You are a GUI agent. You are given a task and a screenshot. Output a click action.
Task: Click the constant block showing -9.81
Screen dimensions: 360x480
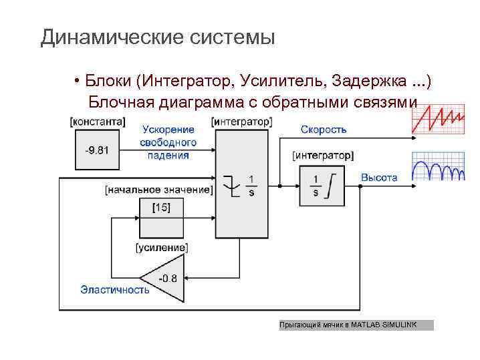tap(98, 150)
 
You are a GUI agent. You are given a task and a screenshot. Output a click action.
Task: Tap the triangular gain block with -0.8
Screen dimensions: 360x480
tap(162, 277)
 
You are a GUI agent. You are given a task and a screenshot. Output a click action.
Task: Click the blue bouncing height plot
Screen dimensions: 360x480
tap(438, 167)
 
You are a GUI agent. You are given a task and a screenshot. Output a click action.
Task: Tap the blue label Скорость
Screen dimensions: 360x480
tap(324, 130)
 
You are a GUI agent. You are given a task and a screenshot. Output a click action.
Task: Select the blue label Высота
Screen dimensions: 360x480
tap(379, 178)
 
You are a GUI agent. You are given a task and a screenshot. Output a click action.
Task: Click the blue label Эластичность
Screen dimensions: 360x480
tap(114, 289)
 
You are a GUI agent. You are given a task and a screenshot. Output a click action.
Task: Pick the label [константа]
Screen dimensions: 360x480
tap(98, 122)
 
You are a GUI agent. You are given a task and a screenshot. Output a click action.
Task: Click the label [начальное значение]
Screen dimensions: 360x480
tap(159, 190)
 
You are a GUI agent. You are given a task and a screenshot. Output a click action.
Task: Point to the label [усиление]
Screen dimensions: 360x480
tap(162, 248)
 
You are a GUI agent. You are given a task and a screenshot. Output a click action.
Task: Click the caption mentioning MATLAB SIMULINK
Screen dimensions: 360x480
tap(356, 325)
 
